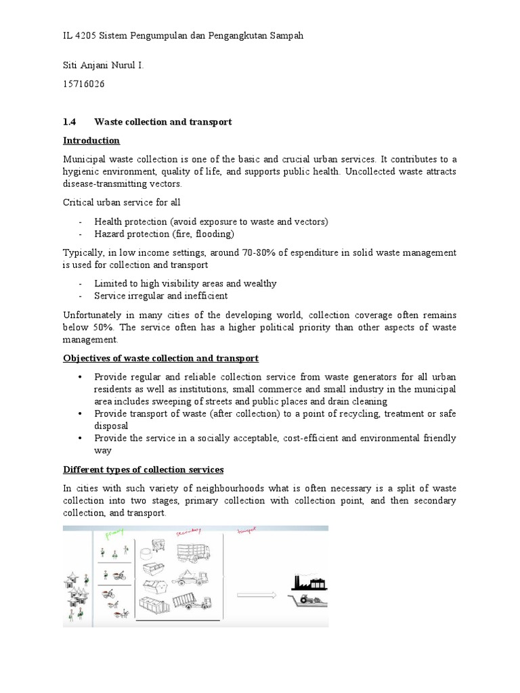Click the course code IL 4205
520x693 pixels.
78,36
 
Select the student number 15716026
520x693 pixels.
83,84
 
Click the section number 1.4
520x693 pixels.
69,122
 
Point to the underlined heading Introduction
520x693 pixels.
91,141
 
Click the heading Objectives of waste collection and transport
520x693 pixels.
160,358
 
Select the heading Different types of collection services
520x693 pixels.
143,470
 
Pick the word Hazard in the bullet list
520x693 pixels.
108,234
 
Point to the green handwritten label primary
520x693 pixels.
116,535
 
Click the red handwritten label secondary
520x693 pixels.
190,533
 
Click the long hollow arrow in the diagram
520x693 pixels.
258,596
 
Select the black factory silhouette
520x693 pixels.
308,583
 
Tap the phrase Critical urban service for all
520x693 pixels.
122,202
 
